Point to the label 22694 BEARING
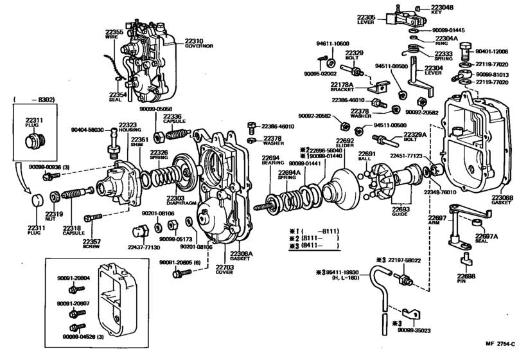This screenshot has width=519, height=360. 271,161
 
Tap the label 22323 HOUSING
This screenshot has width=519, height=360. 127,127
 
